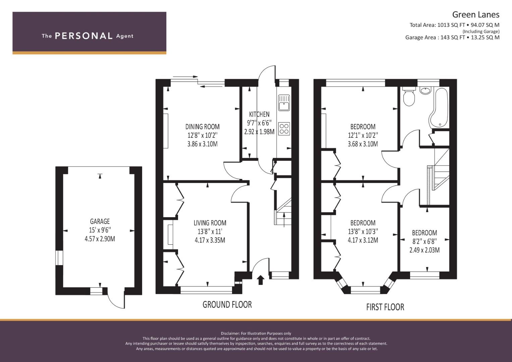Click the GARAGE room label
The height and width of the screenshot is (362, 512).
[100, 221]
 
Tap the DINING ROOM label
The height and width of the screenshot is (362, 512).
[202, 127]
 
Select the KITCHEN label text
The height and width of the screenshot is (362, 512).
[259, 114]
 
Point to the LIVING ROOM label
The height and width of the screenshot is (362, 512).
[210, 223]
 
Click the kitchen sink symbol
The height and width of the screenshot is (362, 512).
[284, 103]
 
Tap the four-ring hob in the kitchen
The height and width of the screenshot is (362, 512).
[284, 128]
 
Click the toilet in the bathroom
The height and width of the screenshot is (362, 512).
[409, 97]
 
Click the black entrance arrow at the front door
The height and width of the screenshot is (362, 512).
[260, 280]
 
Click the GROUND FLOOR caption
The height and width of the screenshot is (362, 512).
[227, 305]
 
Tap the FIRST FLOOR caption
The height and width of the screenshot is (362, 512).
[385, 307]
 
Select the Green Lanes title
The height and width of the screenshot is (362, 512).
[476, 15]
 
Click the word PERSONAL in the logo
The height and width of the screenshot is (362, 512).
[84, 36]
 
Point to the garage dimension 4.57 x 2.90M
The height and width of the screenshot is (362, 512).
[100, 239]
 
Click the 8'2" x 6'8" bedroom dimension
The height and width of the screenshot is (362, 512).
[424, 241]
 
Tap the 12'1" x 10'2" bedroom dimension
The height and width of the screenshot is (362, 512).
[363, 135]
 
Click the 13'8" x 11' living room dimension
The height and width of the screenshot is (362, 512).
[210, 232]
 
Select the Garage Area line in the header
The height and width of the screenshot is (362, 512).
[452, 38]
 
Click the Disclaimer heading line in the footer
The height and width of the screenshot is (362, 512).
[256, 334]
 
